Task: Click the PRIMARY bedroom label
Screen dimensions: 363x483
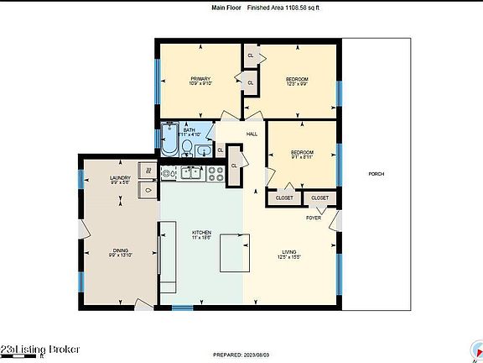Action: pos(200,78)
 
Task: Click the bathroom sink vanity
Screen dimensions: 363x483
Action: pos(204,150)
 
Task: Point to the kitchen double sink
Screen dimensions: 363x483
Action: pos(190,173)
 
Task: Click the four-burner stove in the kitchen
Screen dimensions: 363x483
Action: pos(215,173)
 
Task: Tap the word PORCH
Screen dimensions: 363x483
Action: pos(377,174)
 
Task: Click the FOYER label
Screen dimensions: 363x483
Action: pos(314,217)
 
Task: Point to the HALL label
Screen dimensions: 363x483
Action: pos(252,134)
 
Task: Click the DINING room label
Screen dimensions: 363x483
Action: pos(119,250)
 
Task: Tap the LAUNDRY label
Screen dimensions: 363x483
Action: pos(120,178)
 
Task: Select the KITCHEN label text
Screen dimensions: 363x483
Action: pos(202,233)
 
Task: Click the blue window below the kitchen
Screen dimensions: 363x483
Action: pos(183,308)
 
